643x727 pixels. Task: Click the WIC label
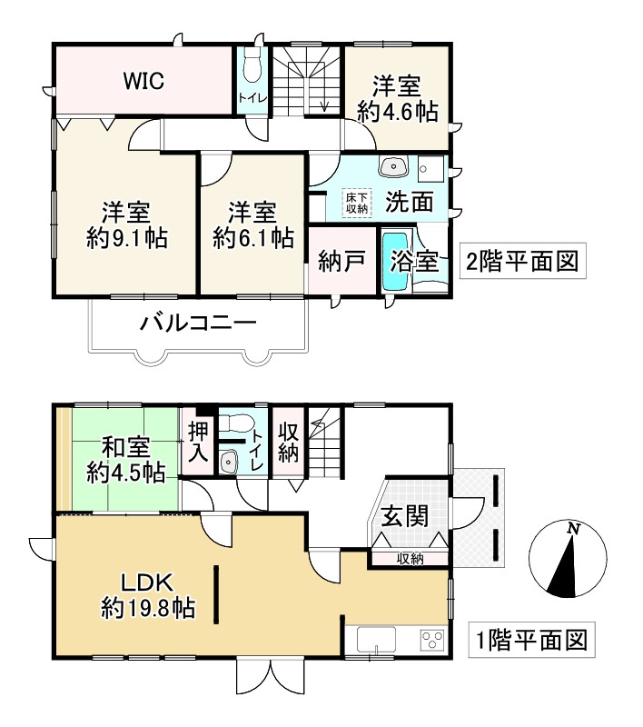pos(143,82)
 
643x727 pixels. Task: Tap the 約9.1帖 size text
pos(127,239)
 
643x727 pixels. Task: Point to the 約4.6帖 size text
pos(397,112)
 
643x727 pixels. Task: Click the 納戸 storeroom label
pos(341,263)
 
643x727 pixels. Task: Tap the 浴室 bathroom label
pos(414,263)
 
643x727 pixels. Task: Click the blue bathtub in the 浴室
pos(396,261)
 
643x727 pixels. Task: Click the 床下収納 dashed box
pos(355,202)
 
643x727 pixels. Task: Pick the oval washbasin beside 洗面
pos(396,167)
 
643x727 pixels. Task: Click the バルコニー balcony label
pos(197,323)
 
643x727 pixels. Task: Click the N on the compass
pos(572,530)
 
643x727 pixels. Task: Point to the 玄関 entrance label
pos(405,516)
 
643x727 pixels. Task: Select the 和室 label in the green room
pos(125,448)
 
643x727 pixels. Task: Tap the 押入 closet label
pos(197,443)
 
